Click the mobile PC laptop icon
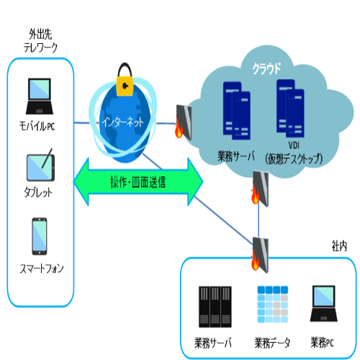point(40,96)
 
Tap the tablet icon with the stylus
point(40,165)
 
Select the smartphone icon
point(40,236)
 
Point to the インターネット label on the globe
point(123,122)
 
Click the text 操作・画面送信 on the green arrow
point(138,182)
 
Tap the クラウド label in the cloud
point(266,69)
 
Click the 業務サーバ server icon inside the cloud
point(237,111)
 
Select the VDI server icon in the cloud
point(290,108)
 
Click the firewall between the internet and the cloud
point(184,122)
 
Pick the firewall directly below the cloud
point(260,189)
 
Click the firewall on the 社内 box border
point(260,255)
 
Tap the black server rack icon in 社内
point(215,307)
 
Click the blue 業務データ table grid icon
point(273,305)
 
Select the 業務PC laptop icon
point(324,304)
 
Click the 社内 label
point(339,246)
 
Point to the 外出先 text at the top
point(40,35)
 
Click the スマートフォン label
point(42,269)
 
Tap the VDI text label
point(294,145)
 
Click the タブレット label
point(38,192)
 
